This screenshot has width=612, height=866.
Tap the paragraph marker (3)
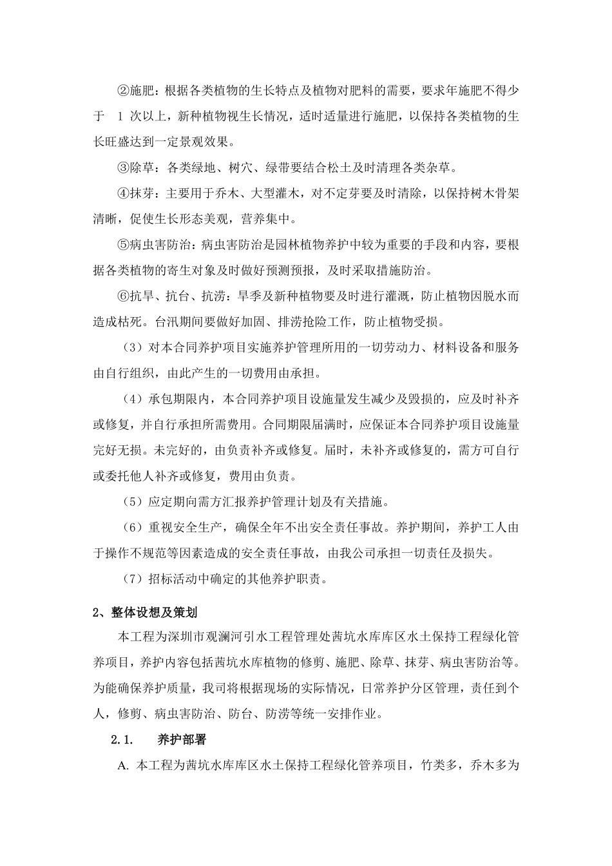(x=132, y=347)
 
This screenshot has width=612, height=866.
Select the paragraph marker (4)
(x=132, y=399)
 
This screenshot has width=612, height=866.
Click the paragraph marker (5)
(x=132, y=501)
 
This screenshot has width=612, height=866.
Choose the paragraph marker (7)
(x=132, y=578)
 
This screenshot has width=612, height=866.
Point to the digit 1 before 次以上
(x=120, y=117)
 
